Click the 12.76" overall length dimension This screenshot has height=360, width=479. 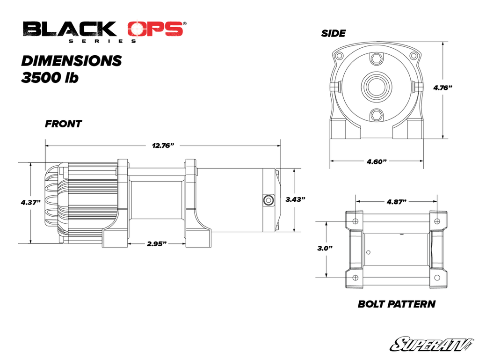tap(163, 145)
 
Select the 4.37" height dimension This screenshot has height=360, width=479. tap(30, 202)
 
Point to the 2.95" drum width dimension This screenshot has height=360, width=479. tap(157, 244)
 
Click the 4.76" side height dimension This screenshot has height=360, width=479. tap(443, 88)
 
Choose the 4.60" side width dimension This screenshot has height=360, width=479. tap(377, 162)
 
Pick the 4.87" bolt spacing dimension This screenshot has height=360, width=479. tap(396, 202)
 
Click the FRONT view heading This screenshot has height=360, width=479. tap(63, 124)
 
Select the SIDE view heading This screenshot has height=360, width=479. tap(333, 34)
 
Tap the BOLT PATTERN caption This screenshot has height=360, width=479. tap(396, 304)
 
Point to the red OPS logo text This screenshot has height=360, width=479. tap(156, 29)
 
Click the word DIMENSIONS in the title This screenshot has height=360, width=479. tap(72, 61)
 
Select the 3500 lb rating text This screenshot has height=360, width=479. tap(50, 78)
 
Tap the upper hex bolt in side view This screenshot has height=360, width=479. tap(377, 59)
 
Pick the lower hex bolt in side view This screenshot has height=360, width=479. tap(377, 115)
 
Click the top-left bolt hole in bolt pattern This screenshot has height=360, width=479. tap(355, 221)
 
